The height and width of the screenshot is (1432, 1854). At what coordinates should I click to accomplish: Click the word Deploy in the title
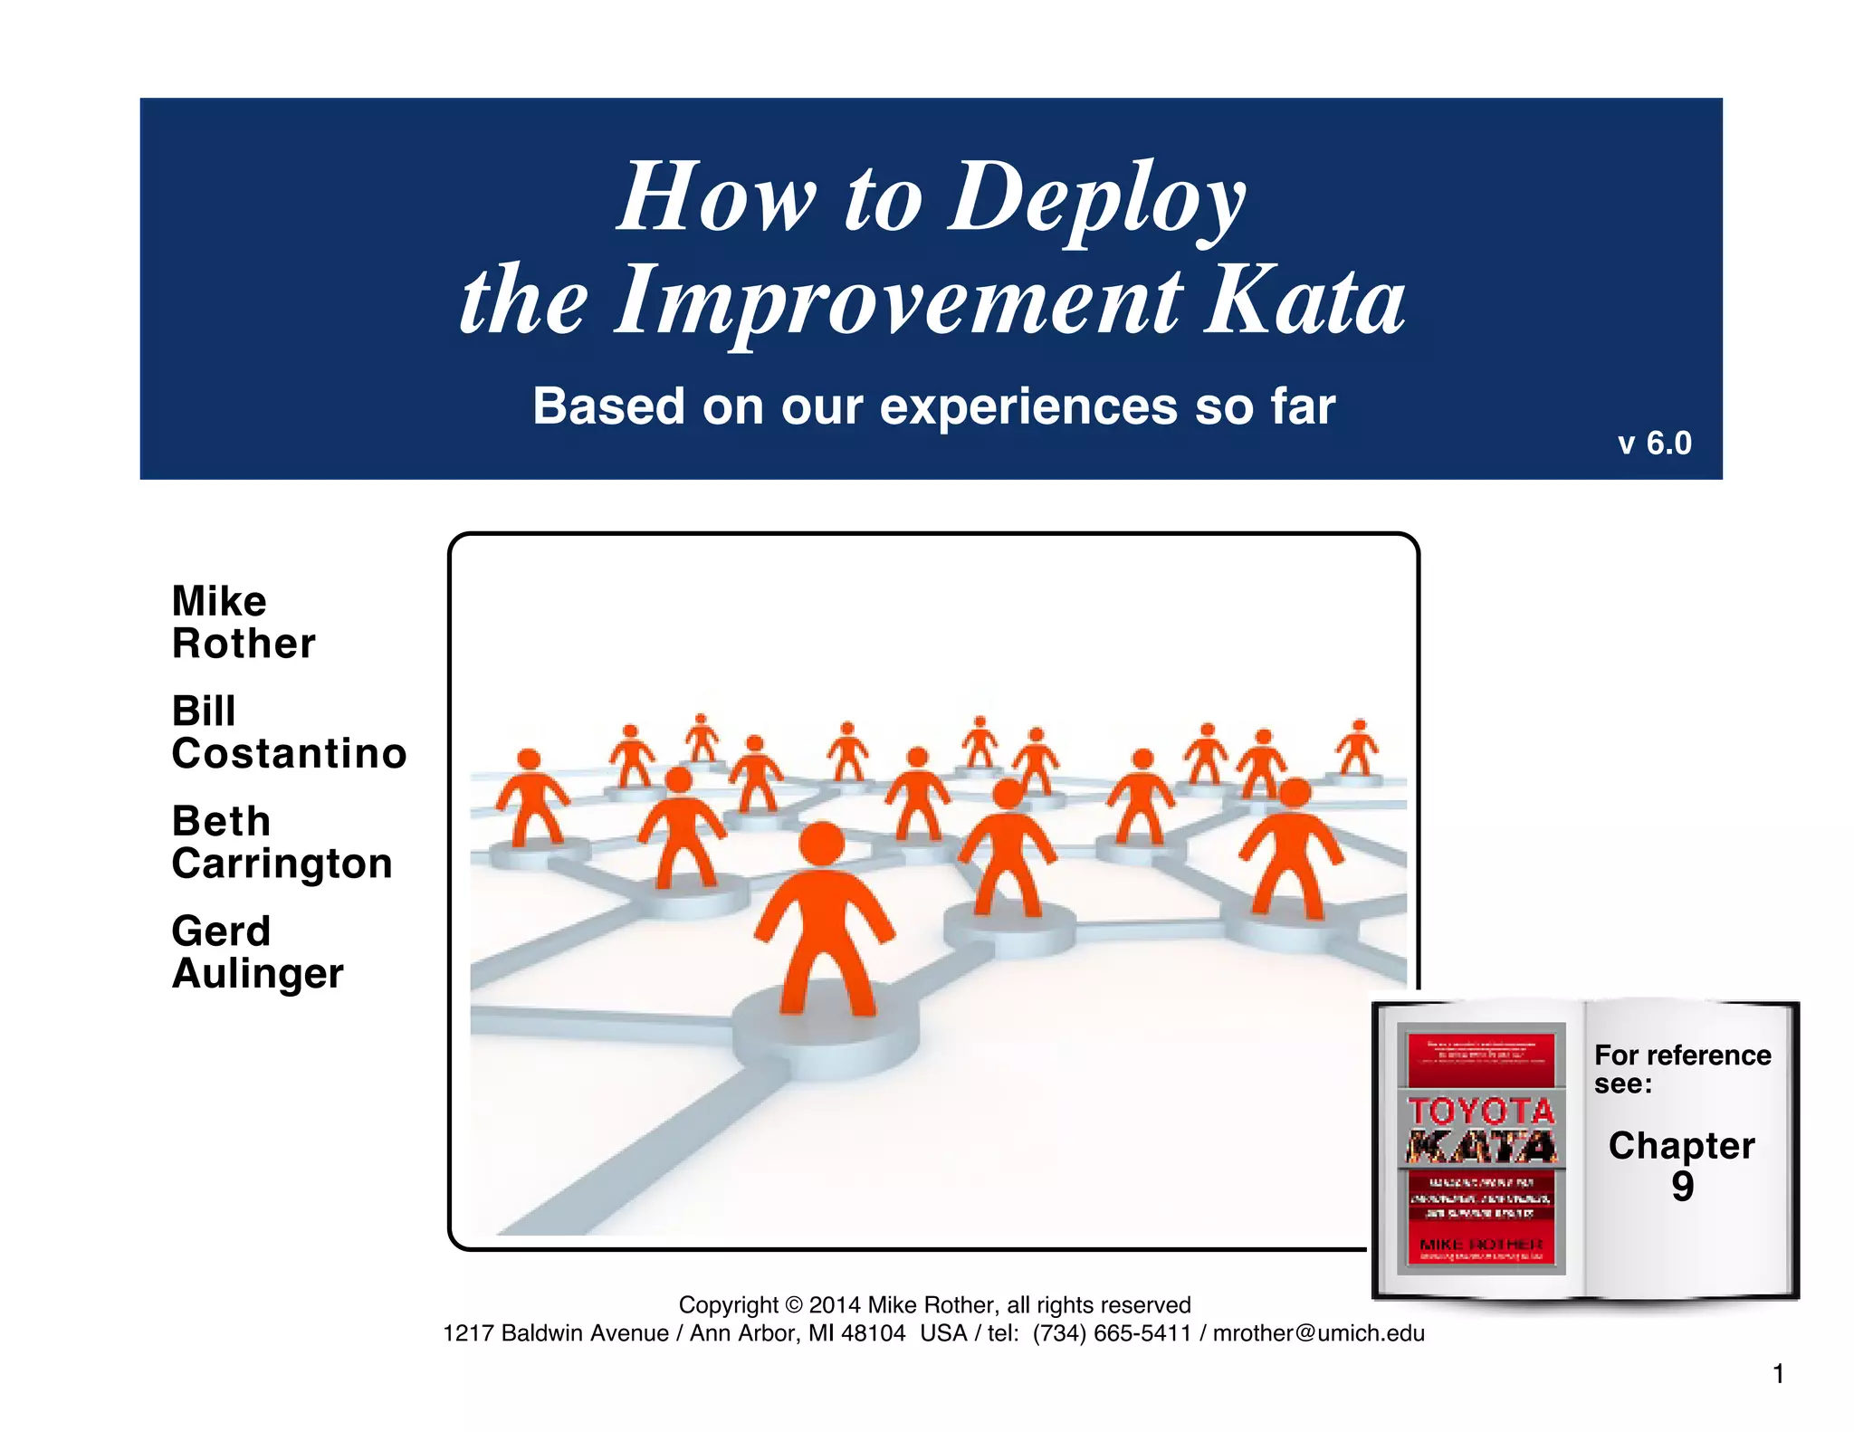pyautogui.click(x=1097, y=197)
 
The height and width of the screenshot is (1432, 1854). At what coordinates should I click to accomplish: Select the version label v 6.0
pyautogui.click(x=1654, y=443)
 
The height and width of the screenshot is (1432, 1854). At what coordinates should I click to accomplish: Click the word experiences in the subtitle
pyautogui.click(x=1028, y=406)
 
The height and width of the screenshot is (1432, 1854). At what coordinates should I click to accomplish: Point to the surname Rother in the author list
pyautogui.click(x=244, y=644)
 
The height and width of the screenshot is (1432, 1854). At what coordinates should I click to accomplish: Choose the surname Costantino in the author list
pyautogui.click(x=289, y=753)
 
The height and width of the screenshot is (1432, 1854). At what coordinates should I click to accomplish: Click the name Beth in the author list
pyautogui.click(x=221, y=821)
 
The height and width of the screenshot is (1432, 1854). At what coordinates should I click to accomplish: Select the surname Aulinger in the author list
pyautogui.click(x=257, y=973)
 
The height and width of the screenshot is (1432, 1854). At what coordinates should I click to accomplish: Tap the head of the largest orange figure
pyautogui.click(x=822, y=843)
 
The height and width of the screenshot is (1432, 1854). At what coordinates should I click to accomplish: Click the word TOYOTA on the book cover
pyautogui.click(x=1481, y=1111)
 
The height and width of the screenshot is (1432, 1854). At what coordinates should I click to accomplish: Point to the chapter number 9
pyautogui.click(x=1682, y=1186)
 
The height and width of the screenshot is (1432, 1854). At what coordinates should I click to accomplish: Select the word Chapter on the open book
pyautogui.click(x=1681, y=1146)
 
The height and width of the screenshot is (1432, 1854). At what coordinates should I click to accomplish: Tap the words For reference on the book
pyautogui.click(x=1682, y=1055)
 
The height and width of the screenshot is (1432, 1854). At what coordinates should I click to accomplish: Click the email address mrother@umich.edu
pyautogui.click(x=1318, y=1333)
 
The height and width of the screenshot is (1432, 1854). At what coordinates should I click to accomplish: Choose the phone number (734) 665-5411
pyautogui.click(x=1112, y=1333)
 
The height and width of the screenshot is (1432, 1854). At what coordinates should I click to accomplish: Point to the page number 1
pyautogui.click(x=1778, y=1374)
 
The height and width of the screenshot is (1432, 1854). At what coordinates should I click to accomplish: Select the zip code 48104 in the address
pyautogui.click(x=873, y=1333)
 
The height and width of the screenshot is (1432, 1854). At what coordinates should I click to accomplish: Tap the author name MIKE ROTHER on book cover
pyautogui.click(x=1481, y=1245)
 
